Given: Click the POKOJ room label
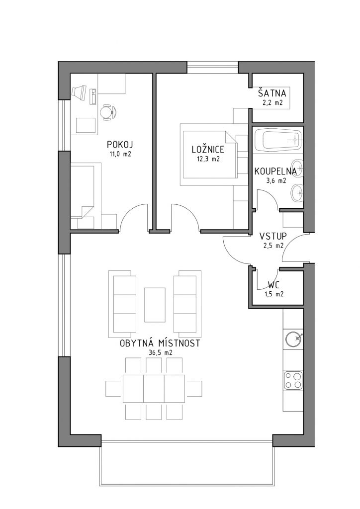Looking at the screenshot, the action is coord(120,145).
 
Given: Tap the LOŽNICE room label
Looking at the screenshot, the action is coord(208,149).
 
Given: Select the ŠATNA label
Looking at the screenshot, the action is coord(272,93).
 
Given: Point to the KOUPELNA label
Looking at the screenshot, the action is coord(275,171).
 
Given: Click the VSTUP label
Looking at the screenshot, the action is coord(273,236).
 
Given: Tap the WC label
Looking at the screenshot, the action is coord(274,286).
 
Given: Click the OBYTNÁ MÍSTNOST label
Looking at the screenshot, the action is coord(160,343).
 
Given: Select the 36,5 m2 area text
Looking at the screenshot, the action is coord(161,353).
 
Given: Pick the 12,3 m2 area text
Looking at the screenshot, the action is coord(208,159).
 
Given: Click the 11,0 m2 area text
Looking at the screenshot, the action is coord(120,154).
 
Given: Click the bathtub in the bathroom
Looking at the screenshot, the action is coord(277,140).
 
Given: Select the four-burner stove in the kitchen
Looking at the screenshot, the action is coord(293,380).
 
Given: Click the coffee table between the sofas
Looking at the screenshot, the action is coord(155,305).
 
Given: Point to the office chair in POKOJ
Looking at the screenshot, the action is coord(107,112).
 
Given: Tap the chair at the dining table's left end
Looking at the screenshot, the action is coord(113,389).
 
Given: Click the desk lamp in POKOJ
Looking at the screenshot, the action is coord(79,92).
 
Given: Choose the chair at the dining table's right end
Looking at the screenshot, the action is coord(193,389).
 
